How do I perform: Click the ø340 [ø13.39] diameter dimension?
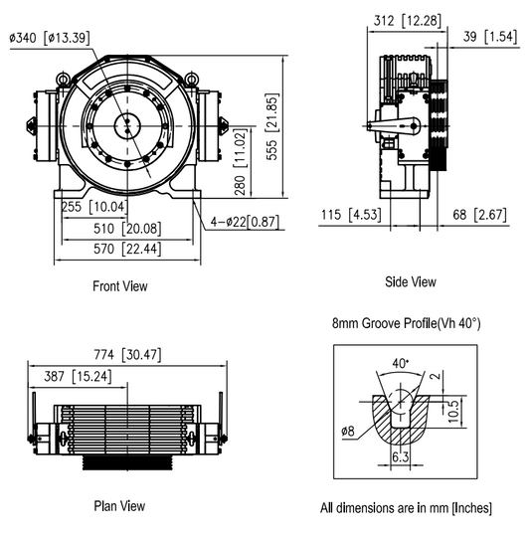coord(51,39)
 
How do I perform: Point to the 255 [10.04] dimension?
coord(91,207)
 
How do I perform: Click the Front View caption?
coord(119,286)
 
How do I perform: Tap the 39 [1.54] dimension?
coord(488,37)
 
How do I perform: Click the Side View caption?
coord(410,281)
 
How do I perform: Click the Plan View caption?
coord(119,506)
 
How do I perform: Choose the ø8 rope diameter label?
coord(347,431)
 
